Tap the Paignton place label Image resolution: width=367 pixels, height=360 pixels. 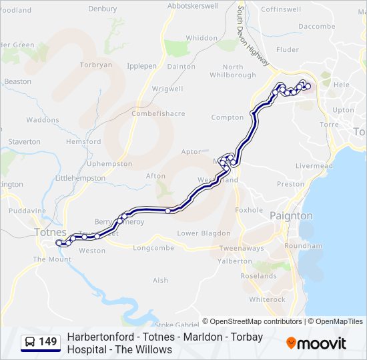tap(291, 216)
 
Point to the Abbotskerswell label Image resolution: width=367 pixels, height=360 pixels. tap(193, 5)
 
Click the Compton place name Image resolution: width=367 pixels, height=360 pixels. tap(228, 117)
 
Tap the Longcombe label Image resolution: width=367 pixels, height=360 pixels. tap(153, 248)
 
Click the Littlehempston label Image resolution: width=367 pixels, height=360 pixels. tap(80, 179)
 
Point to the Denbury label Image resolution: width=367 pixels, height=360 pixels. tap(102, 9)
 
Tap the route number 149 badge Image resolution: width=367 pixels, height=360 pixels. tap(47, 343)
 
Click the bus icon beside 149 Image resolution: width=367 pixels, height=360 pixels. tap(30, 343)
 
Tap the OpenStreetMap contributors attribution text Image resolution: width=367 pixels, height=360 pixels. tap(252, 321)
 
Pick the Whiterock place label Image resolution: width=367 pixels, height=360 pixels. tap(267, 299)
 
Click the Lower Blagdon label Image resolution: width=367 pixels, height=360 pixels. tap(204, 233)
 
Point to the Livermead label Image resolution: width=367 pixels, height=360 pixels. tap(314, 165)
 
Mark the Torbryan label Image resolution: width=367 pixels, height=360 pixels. tap(96, 65)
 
